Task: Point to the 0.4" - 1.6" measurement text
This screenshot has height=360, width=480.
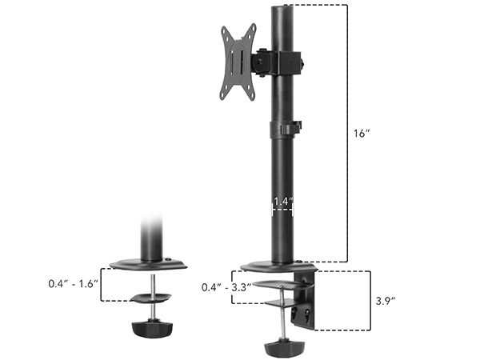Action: point(72,283)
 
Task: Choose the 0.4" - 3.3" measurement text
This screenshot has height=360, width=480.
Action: point(227,286)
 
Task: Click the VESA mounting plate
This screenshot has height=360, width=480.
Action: point(238,62)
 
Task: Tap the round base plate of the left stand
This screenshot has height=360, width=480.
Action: point(150,265)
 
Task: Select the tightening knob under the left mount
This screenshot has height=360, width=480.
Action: point(150,329)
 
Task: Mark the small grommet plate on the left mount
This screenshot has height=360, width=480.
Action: point(150,297)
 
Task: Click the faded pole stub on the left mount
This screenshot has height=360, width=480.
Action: point(150,236)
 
